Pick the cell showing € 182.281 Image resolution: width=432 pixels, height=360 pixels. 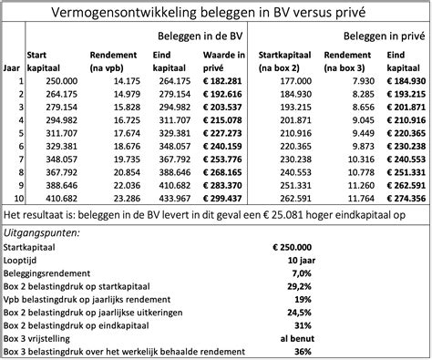tap(222, 80)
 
